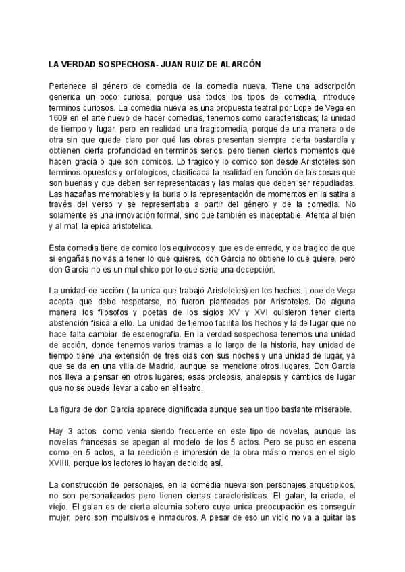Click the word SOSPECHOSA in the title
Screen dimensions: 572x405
tap(122, 65)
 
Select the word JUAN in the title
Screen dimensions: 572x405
tap(171, 65)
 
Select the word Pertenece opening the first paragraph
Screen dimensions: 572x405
tap(70, 86)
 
